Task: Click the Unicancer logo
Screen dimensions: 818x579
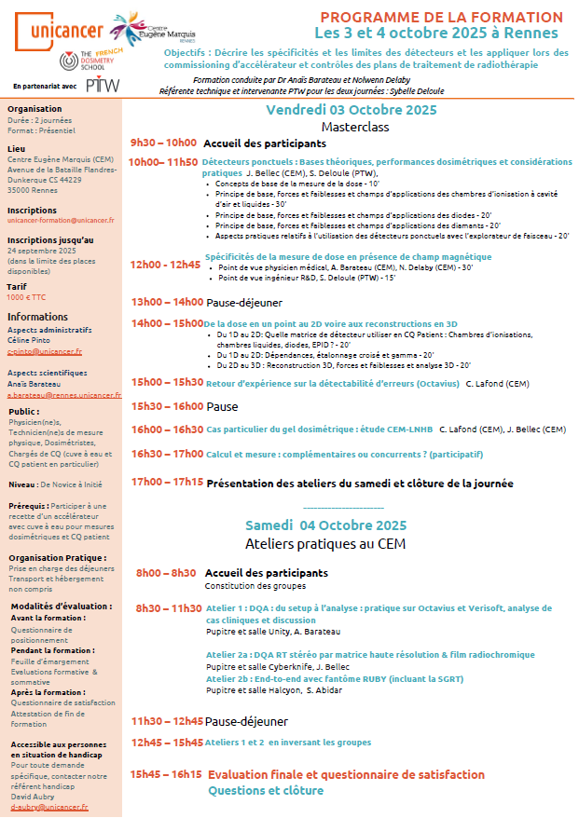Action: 57,31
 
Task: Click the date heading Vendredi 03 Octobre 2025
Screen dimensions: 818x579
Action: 351,110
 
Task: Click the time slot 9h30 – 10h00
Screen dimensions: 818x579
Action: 163,143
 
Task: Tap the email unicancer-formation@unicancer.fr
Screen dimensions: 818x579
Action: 61,220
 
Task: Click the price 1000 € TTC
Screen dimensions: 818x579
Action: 26,297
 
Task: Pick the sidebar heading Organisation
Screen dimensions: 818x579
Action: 34,108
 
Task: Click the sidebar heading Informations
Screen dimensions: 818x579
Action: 37,317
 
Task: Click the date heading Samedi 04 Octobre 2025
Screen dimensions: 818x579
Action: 325,525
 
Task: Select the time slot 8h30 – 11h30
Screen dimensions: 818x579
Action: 168,608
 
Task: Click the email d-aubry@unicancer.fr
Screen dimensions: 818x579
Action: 49,808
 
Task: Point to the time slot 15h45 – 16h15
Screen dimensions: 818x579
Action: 166,774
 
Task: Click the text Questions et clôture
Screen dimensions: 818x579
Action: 266,790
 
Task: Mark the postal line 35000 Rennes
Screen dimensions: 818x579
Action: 33,190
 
